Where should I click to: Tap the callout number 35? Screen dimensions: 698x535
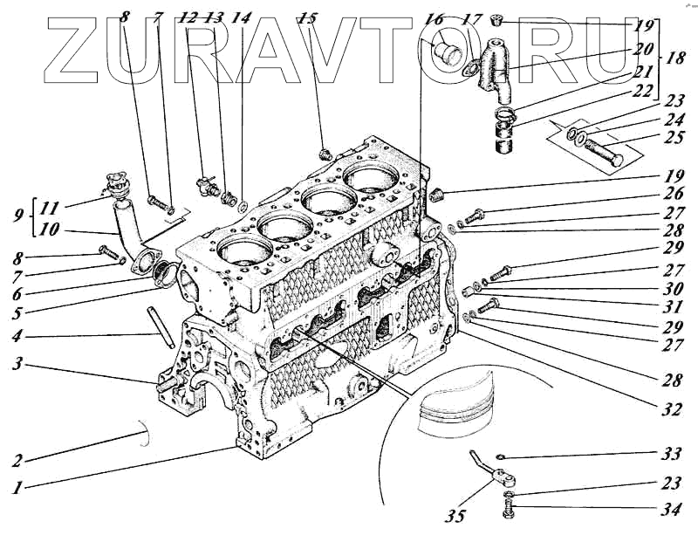click(x=454, y=516)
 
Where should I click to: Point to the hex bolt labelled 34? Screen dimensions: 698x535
click(x=510, y=508)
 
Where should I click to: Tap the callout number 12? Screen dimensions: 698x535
click(x=187, y=17)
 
